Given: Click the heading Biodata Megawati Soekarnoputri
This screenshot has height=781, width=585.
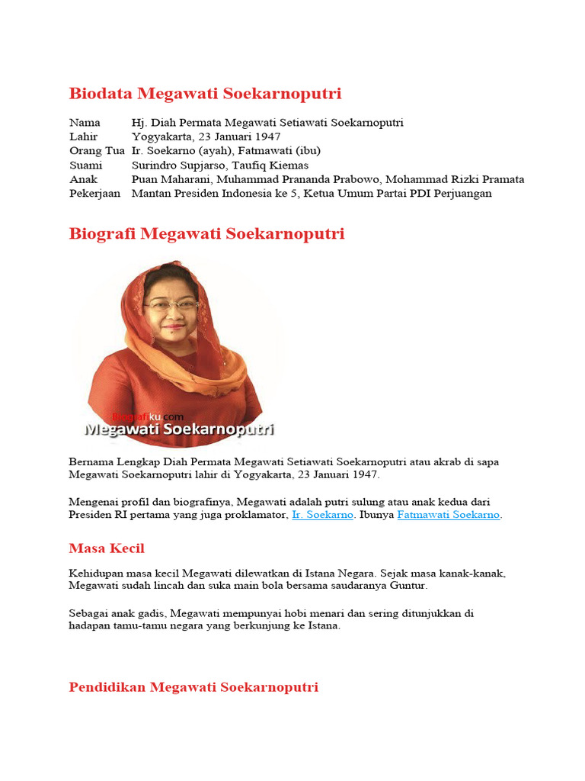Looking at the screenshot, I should point(205,94).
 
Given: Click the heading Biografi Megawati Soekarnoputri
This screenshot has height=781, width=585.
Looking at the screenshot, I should point(206,233).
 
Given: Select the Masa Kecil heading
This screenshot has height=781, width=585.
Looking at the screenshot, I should point(106,548).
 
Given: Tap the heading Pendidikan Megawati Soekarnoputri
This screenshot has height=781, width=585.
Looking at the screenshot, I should point(193,687).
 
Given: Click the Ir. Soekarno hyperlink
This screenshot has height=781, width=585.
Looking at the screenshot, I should point(322,516).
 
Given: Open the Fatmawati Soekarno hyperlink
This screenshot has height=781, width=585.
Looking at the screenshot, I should point(448,516).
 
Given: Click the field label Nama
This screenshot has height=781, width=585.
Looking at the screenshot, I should point(85,123).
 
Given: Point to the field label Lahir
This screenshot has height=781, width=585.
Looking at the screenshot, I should point(84,137).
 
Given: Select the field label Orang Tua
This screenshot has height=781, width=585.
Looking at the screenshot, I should point(96,151).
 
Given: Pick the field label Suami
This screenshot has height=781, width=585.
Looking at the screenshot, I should point(85,166).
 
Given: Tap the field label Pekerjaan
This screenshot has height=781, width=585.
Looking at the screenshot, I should point(95,194).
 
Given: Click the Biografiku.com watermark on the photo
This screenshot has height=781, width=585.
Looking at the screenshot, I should point(149,416).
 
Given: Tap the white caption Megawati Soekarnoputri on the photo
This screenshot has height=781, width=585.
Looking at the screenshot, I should point(179,430).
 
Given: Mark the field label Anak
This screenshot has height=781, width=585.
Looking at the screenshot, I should point(83,180).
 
